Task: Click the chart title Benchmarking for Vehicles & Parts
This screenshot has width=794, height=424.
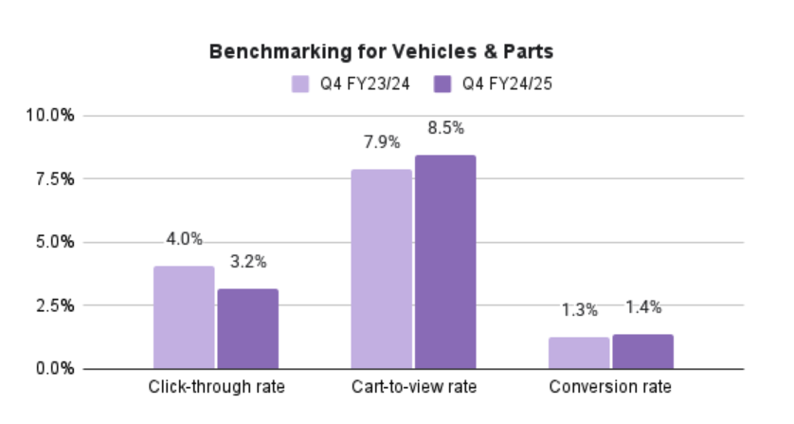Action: click(396, 52)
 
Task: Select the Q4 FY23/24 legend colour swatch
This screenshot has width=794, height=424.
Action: click(299, 83)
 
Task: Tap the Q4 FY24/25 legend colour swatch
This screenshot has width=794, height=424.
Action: click(443, 83)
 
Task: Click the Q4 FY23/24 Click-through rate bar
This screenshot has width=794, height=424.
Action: click(184, 317)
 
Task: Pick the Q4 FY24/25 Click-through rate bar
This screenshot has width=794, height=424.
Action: click(247, 328)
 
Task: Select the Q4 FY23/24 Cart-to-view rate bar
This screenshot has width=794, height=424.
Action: click(381, 268)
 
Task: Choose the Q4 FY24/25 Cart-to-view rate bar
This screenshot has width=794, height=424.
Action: click(444, 261)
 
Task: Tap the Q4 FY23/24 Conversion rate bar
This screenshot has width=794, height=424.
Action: click(579, 352)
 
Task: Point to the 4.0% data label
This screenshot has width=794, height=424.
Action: click(184, 239)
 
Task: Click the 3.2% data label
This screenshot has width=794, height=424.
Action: click(247, 262)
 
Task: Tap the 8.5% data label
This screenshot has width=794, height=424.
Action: click(444, 128)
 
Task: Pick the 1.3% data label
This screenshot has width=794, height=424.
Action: click(579, 309)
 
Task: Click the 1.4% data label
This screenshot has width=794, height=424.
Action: click(642, 306)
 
